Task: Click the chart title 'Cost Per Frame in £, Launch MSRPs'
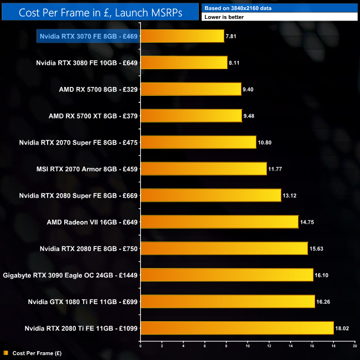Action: pyautogui.click(x=100, y=12)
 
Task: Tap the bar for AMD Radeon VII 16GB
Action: pyautogui.click(x=219, y=222)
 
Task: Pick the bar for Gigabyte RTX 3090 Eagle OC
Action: pyautogui.click(x=227, y=275)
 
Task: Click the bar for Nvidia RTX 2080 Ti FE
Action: pyautogui.click(x=236, y=328)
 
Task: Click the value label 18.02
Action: pyautogui.click(x=342, y=329)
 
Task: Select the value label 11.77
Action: pyautogui.click(x=275, y=169)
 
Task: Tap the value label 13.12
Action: pyautogui.click(x=290, y=196)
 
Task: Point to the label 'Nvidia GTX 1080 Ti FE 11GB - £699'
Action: pyautogui.click(x=83, y=302)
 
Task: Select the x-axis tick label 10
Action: pyautogui.click(x=248, y=346)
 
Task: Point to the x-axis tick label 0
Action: pyautogui.click(x=141, y=346)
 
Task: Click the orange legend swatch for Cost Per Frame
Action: pyautogui.click(x=6, y=352)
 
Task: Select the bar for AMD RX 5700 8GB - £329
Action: pyautogui.click(x=191, y=90)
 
